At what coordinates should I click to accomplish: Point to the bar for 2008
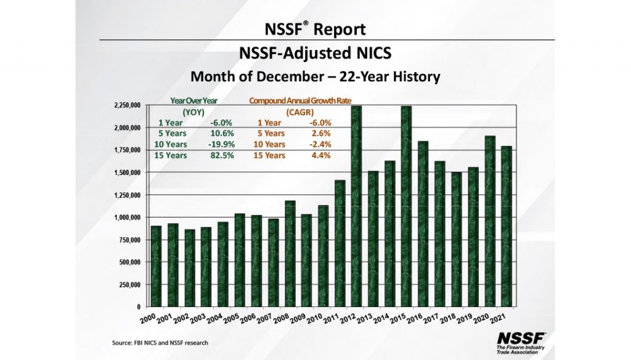290,253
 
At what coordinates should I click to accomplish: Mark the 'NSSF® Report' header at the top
315,29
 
